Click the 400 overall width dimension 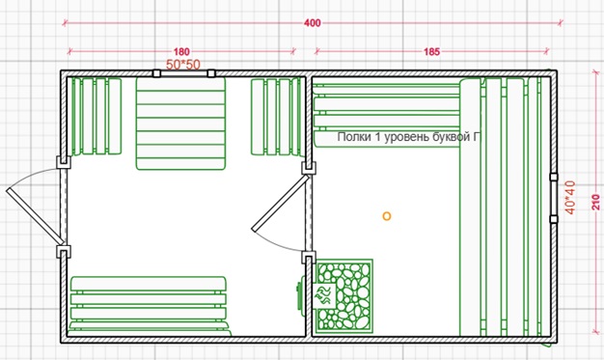[312, 23]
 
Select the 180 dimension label [181, 52]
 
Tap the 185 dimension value [431, 52]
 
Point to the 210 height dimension [596, 203]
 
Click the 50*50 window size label [183, 65]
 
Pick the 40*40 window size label [569, 198]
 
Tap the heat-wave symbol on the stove [324, 295]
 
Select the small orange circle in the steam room [386, 216]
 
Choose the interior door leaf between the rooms [281, 203]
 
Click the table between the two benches [180, 124]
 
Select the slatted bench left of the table [96, 117]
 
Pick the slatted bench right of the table [277, 117]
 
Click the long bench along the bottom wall [149, 306]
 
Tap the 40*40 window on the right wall [554, 198]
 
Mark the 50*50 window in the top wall [183, 73]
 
